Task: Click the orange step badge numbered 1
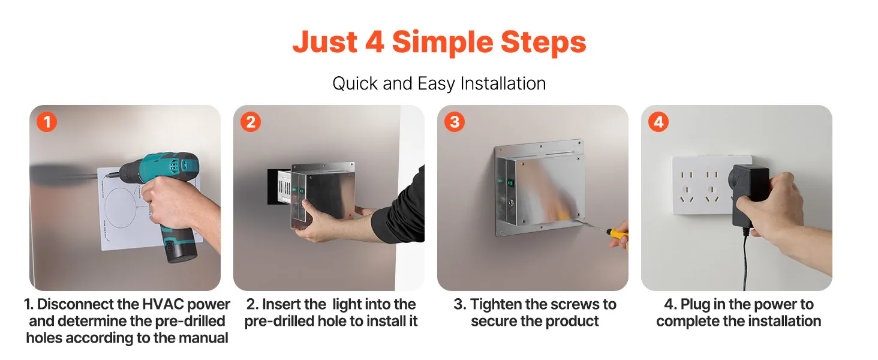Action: coord(47,122)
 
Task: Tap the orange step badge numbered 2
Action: coord(251,122)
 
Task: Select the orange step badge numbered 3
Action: coord(454,122)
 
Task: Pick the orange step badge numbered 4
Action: coord(658,122)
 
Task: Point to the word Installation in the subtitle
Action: coord(503,83)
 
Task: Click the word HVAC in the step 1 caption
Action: coord(163,304)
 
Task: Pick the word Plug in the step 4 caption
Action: coord(695,305)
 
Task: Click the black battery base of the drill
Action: coord(180,251)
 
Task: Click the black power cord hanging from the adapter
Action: coord(745,259)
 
